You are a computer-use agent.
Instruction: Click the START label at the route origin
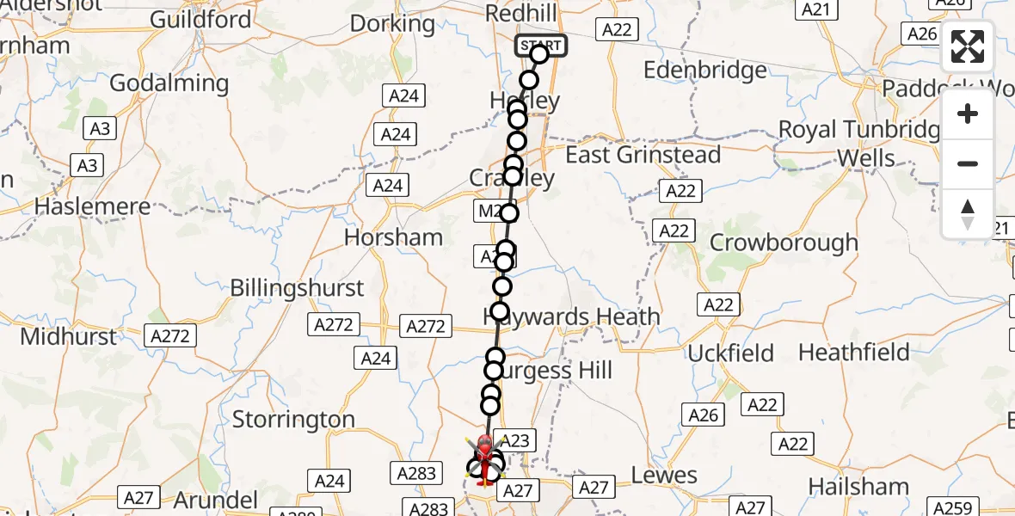click(541, 45)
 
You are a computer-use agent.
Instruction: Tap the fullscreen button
click(968, 47)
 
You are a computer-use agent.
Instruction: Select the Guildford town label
click(200, 19)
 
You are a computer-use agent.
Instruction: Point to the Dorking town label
click(393, 23)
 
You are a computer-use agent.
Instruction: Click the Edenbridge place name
click(704, 71)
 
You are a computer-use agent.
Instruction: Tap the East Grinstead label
click(643, 155)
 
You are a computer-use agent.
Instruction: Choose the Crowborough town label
click(784, 243)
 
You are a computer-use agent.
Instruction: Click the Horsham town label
click(394, 237)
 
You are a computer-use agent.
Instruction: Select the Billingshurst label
click(297, 287)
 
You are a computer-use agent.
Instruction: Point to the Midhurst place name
click(68, 336)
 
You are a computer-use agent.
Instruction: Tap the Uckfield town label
click(731, 353)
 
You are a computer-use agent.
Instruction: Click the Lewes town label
click(664, 475)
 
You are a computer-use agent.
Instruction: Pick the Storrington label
click(293, 420)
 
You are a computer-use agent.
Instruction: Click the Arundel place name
click(216, 500)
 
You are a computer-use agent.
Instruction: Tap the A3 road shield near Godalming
click(100, 129)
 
